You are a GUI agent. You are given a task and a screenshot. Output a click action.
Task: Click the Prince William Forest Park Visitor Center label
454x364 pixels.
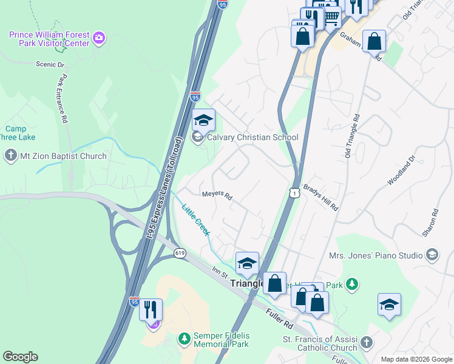tap(49, 39)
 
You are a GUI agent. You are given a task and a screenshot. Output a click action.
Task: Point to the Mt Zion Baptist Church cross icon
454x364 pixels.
tap(10, 156)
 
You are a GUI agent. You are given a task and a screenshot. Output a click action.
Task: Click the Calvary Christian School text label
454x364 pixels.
tap(252, 137)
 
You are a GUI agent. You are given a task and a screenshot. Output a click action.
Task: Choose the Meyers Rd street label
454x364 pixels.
tap(217, 196)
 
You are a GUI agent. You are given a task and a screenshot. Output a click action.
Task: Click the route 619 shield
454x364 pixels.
tap(180, 253)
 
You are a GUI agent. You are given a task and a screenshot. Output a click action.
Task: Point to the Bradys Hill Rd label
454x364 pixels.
tap(320, 197)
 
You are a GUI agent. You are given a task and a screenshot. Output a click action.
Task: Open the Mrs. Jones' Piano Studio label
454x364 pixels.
tap(376, 255)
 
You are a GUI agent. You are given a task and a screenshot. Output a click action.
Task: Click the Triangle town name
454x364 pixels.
tap(248, 283)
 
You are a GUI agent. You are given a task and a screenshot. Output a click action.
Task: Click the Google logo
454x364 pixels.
tap(20, 357)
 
